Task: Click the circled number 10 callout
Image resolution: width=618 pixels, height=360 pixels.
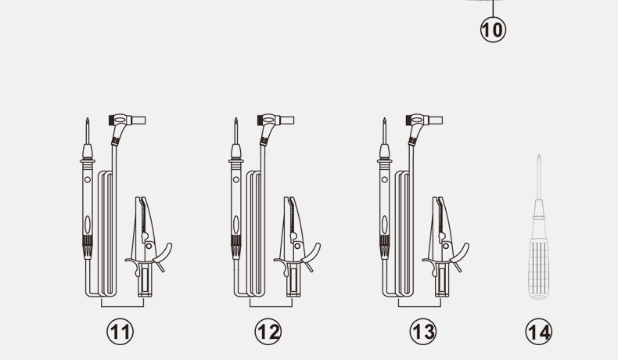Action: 493,30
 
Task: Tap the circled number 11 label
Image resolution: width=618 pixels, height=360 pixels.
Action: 120,332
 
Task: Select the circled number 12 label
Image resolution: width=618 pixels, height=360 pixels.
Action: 268,332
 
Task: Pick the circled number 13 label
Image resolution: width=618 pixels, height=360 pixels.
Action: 423,332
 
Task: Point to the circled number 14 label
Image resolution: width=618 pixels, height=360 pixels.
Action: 538,332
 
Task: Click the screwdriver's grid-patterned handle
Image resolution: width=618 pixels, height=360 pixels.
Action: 538,268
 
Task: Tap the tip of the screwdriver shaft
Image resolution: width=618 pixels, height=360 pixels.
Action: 538,156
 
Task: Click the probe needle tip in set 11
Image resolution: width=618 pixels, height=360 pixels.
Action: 87,119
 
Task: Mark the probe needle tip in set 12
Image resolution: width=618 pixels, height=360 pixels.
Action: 235,119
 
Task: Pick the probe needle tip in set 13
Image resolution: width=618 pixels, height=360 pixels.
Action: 384,119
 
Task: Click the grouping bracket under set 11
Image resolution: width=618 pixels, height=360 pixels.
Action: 122,306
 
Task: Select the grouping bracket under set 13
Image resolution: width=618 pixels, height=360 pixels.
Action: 419,306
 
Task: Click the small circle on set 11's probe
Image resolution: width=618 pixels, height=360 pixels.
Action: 88,179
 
